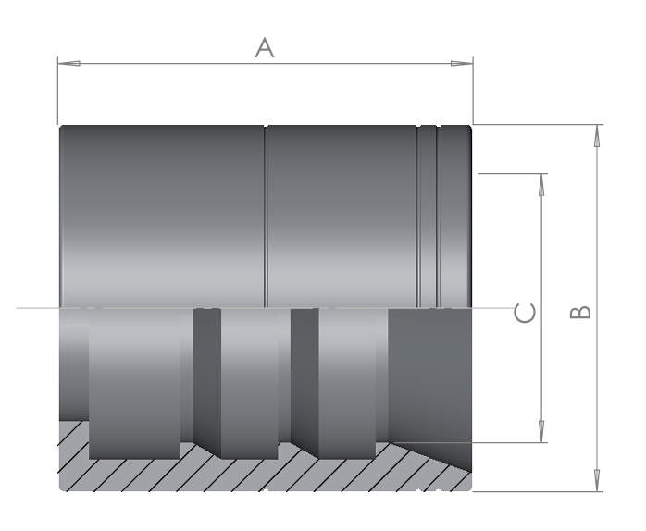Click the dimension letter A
(265, 47)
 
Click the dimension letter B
(580, 312)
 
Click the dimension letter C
(525, 313)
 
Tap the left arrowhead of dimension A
(68, 64)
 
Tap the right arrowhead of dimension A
(462, 64)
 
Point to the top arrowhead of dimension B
(597, 136)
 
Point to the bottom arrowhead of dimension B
(597, 480)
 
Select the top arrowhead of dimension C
(541, 184)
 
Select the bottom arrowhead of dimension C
(541, 432)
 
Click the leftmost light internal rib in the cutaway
(135, 384)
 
